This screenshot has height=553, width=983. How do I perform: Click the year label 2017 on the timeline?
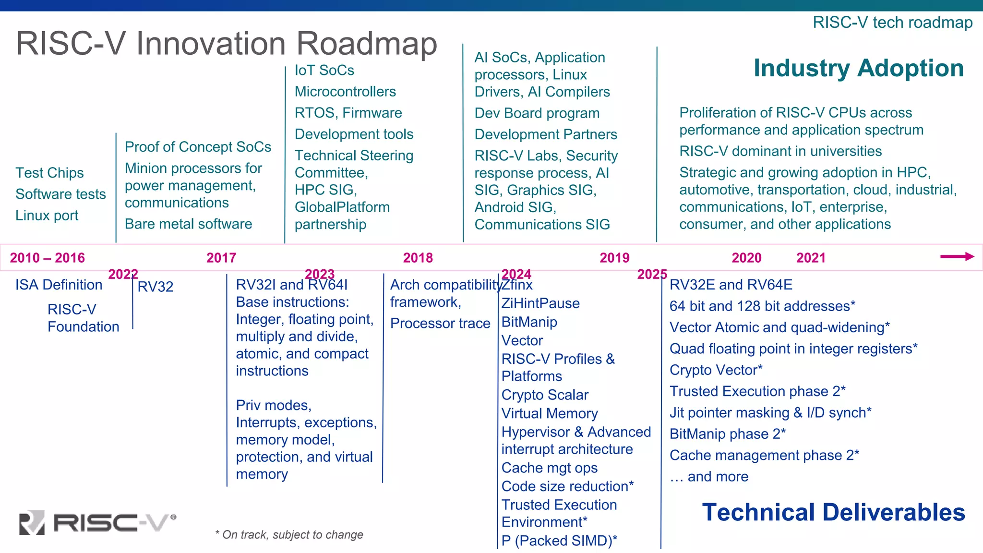(x=221, y=258)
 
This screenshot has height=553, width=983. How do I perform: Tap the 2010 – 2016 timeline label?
(x=47, y=258)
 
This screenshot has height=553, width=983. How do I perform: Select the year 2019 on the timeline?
(x=614, y=258)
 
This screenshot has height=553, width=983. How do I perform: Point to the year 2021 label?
(x=811, y=258)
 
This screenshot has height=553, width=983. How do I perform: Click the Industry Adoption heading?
(x=858, y=68)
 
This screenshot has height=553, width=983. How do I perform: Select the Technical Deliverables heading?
(x=833, y=512)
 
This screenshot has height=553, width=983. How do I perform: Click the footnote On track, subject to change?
(x=289, y=535)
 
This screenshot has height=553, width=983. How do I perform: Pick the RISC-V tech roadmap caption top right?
(x=892, y=23)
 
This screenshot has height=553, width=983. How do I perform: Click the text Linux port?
(x=47, y=216)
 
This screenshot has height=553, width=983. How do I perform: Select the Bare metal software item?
(x=188, y=224)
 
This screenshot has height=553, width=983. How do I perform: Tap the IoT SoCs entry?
(x=324, y=71)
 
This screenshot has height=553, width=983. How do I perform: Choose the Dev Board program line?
(x=537, y=113)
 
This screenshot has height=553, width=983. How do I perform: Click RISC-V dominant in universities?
(x=780, y=151)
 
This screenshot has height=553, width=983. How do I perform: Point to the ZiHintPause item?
(x=540, y=303)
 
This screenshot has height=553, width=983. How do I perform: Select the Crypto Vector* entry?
(x=716, y=370)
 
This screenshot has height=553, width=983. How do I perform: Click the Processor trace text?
(x=440, y=324)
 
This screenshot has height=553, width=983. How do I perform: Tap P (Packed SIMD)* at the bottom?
(x=559, y=541)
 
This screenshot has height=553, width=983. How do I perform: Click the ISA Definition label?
(x=59, y=285)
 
